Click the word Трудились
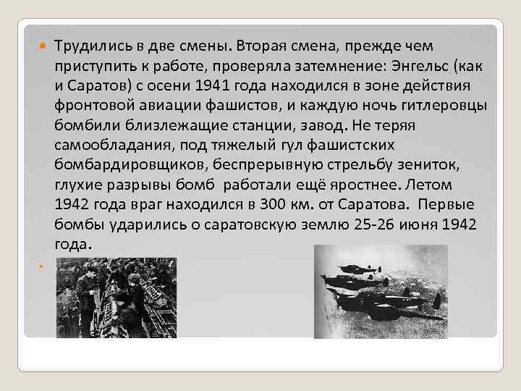[90, 46]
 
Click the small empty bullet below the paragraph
[41, 265]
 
